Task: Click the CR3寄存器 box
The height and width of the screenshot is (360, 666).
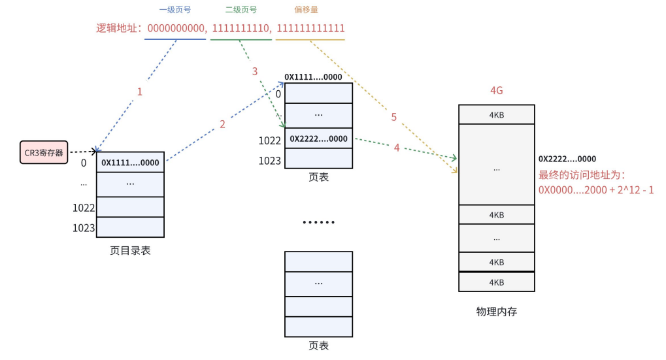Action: [44, 152]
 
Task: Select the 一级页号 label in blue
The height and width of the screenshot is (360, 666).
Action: [175, 10]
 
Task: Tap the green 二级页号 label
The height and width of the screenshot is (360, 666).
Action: [241, 10]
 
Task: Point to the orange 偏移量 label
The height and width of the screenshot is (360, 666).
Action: [307, 10]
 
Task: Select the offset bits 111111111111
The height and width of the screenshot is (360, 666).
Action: [310, 29]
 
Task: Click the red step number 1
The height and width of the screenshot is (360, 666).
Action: [139, 92]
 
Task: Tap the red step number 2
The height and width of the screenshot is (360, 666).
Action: [222, 124]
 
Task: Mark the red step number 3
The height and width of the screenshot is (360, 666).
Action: [255, 71]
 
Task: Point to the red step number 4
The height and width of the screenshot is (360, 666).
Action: [397, 148]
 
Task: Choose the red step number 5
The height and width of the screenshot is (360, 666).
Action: [394, 117]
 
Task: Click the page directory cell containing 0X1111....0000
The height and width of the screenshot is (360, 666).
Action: [130, 163]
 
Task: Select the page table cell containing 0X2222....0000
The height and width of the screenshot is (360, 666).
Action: [318, 139]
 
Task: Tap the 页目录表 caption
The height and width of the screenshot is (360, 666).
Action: [130, 250]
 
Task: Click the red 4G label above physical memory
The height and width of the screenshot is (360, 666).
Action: [496, 91]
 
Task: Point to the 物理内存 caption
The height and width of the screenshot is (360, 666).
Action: [497, 312]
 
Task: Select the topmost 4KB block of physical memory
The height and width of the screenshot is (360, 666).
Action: [497, 116]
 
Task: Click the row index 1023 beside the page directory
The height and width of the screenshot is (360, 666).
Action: [84, 228]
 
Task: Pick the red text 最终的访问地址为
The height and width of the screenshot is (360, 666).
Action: [582, 175]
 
